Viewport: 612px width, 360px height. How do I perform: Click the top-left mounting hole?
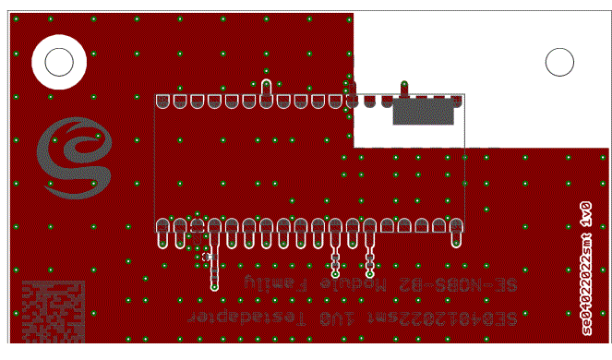pos(59,62)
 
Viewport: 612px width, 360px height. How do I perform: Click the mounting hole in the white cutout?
pos(559,62)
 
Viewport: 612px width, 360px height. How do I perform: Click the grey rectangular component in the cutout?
pos(424,113)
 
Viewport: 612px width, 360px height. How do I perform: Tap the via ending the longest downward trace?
pos(214,287)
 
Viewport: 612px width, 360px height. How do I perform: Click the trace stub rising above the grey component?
pos(403,90)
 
